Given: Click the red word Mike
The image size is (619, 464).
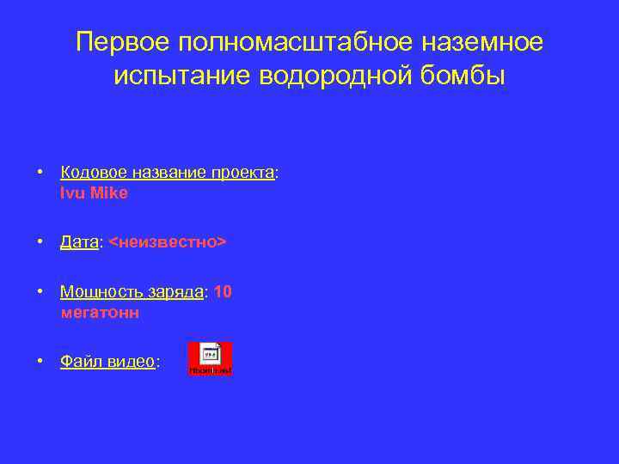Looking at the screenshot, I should click(109, 193).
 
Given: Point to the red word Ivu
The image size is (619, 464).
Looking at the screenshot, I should click(73, 193).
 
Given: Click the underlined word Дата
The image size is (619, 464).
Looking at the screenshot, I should click(79, 243).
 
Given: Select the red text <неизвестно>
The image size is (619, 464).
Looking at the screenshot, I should click(167, 243).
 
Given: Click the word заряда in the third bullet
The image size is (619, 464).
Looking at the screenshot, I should click(175, 292).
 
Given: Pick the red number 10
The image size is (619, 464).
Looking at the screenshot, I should click(223, 292).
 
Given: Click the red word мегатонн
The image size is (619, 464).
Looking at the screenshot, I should click(100, 314).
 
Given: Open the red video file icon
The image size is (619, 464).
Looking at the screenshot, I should click(211, 358).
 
